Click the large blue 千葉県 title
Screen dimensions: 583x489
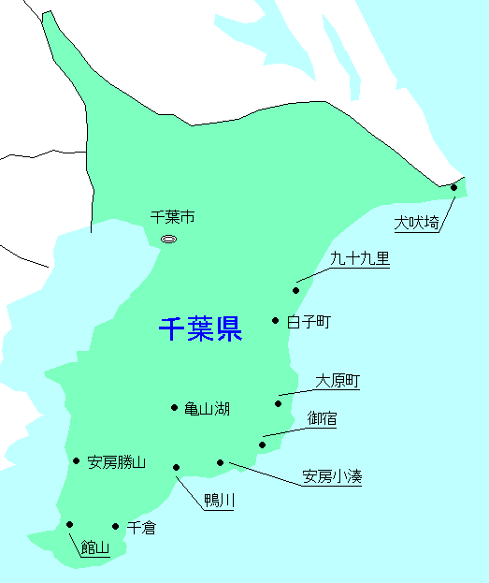coord(200,329)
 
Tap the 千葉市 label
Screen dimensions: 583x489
coord(173,217)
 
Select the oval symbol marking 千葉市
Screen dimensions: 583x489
coord(168,240)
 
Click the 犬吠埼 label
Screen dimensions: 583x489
coord(416,223)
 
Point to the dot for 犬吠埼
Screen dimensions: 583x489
coord(453,187)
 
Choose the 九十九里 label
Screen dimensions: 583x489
coord(360,258)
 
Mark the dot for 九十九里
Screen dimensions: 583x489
coord(296,290)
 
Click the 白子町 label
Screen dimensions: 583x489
coord(309,322)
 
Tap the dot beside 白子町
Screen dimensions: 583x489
coord(276,321)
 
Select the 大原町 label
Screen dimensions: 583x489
coord(338,381)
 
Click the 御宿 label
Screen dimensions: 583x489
coord(323,418)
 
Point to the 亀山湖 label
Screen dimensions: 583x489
coord(207,409)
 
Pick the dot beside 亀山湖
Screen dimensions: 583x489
coord(175,407)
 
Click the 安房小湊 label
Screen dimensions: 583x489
coord(332,477)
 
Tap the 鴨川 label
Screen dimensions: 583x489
coord(219,502)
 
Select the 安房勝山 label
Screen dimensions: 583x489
coord(117,461)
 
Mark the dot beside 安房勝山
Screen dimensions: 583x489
coord(76,460)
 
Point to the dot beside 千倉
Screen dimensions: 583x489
coord(116,527)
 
